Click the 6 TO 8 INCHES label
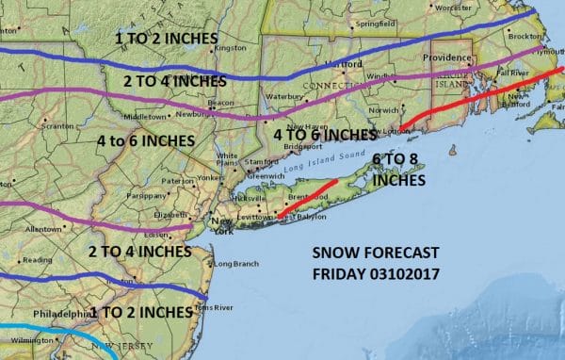click(x=398, y=168)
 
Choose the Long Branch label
click(x=229, y=263)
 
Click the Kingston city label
click(x=229, y=47)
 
